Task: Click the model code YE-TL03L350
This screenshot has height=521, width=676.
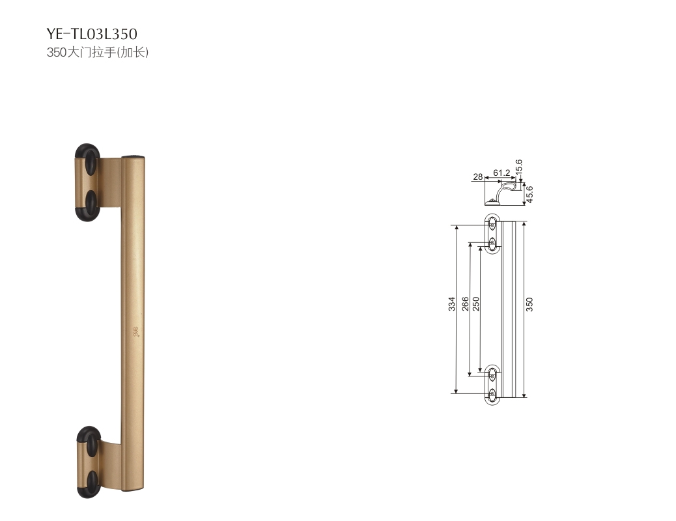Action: pyautogui.click(x=92, y=34)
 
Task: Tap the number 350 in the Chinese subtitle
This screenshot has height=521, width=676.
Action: pyautogui.click(x=57, y=52)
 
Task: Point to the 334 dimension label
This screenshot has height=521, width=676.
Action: pyautogui.click(x=451, y=303)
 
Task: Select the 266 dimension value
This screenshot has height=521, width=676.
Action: pyautogui.click(x=465, y=303)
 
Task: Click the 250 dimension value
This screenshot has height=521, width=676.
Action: pyautogui.click(x=476, y=303)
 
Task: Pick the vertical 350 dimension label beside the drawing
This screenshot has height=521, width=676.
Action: pyautogui.click(x=529, y=304)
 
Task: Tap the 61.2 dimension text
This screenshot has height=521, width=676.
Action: pyautogui.click(x=501, y=173)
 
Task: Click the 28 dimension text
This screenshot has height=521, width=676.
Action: pyautogui.click(x=477, y=176)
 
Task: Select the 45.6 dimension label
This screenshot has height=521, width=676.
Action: pyautogui.click(x=530, y=194)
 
